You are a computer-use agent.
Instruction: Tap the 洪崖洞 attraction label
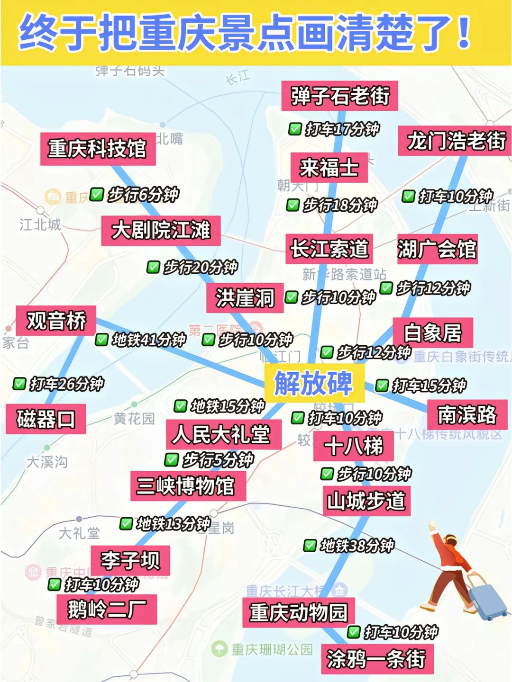(245, 298)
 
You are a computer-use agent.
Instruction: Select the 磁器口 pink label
(46, 419)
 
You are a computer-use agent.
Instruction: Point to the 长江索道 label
(329, 249)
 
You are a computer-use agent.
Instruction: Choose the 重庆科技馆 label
(98, 149)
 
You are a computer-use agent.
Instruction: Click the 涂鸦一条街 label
(377, 659)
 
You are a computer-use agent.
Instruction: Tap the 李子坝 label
(130, 560)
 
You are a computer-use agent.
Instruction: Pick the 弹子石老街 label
(339, 96)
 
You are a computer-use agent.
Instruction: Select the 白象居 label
(432, 332)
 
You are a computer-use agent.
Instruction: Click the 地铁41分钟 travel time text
(149, 340)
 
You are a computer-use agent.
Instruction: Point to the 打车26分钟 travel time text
(66, 384)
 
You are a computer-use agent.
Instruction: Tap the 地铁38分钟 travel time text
(357, 546)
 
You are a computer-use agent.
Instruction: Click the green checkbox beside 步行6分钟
(97, 194)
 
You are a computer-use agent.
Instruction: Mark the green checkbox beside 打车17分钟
(295, 129)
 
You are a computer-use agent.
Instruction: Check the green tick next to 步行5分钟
(171, 459)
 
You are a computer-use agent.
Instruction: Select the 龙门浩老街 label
(456, 141)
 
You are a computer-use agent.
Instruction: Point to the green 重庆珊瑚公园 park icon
(219, 649)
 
